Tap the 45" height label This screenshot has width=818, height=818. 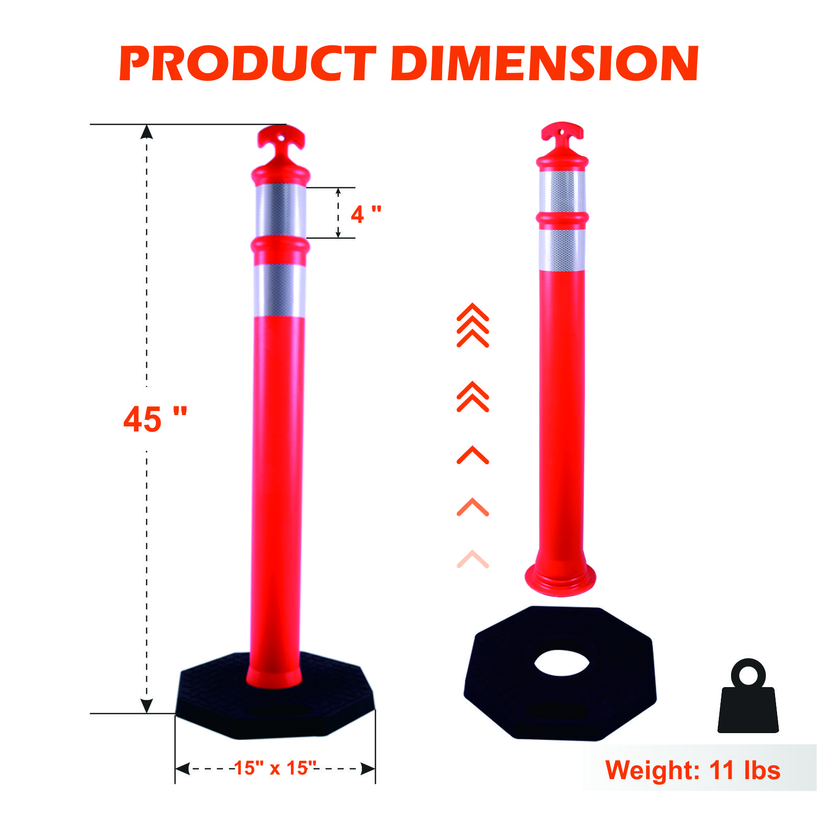pyautogui.click(x=155, y=419)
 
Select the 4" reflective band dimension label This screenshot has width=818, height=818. pyautogui.click(x=366, y=214)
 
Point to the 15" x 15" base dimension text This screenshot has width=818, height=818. pyautogui.click(x=275, y=768)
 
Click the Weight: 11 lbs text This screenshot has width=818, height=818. pyautogui.click(x=693, y=770)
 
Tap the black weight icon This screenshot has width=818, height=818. pyautogui.click(x=748, y=696)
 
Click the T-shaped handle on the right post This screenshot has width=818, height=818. pyautogui.click(x=562, y=138)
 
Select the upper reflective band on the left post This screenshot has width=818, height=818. pyautogui.click(x=281, y=210)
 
